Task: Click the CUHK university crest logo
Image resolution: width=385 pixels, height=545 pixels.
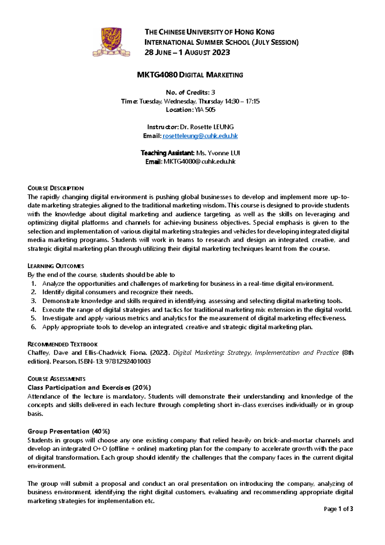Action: (x=111, y=42)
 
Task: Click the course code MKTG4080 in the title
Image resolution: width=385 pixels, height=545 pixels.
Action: (x=157, y=75)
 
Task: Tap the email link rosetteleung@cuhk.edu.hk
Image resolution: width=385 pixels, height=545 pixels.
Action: (x=200, y=136)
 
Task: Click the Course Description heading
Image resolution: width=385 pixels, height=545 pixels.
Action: (x=56, y=188)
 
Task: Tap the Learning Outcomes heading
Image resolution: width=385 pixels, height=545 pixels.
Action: (x=56, y=266)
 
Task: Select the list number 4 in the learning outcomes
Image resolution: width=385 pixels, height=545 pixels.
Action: (x=33, y=310)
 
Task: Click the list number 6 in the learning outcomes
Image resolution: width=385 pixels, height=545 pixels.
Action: (x=33, y=327)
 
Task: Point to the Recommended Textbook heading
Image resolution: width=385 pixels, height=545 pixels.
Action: (x=63, y=344)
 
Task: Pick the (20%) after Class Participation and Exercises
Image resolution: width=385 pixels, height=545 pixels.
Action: (x=141, y=388)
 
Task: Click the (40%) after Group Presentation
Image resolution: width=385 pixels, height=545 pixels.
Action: (x=101, y=431)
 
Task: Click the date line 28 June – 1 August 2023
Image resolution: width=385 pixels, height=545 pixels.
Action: (x=187, y=53)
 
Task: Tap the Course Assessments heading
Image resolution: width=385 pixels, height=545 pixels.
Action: (x=56, y=379)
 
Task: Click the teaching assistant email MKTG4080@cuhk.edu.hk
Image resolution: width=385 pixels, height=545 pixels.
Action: (x=200, y=162)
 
